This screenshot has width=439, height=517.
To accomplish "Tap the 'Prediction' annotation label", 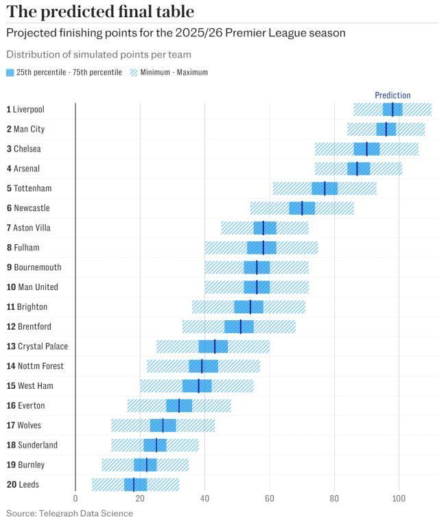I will tap(392, 95).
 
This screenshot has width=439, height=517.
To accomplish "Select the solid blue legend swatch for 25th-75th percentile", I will tap(10, 72).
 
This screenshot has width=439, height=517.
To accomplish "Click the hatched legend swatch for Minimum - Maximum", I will tap(133, 72).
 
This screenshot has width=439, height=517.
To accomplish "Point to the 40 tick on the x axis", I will tap(204, 498).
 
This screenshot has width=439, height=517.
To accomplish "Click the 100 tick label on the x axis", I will tap(399, 498).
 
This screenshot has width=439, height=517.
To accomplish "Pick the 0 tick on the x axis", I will tap(75, 498).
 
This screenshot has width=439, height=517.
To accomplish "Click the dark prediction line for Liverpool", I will tap(393, 109).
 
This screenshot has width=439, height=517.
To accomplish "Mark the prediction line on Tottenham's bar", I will tap(325, 189).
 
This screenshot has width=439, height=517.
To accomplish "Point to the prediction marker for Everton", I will tap(179, 406).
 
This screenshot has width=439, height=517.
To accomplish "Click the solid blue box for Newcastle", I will tap(302, 208).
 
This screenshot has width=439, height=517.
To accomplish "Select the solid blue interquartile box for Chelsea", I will tap(367, 149).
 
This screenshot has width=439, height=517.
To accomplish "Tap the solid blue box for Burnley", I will tap(145, 465).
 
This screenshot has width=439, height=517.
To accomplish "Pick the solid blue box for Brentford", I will tap(239, 326).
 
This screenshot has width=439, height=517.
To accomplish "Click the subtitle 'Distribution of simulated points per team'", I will tap(99, 54).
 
